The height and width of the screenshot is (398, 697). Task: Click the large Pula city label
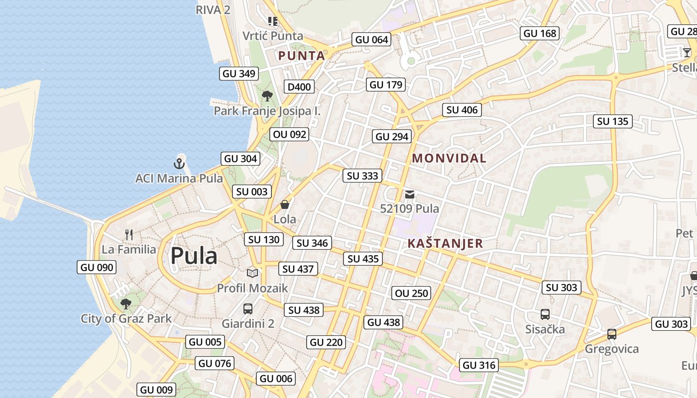click(194, 256)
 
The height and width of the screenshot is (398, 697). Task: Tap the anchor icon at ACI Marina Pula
click(179, 163)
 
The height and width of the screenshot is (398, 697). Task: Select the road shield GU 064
click(371, 39)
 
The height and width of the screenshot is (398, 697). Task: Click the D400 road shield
click(299, 87)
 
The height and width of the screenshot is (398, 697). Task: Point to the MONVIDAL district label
click(449, 158)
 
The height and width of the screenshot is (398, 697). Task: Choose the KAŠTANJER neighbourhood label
click(445, 243)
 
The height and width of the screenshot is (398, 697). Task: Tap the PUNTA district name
click(302, 56)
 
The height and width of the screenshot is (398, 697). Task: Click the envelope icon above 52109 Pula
click(409, 195)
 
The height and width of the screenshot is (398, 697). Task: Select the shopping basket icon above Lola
click(285, 204)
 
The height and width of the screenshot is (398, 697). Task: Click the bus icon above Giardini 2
click(248, 309)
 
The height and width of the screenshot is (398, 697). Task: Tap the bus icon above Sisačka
click(545, 314)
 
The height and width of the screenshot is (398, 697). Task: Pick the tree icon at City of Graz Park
click(126, 303)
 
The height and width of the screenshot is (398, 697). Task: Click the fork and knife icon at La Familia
click(129, 234)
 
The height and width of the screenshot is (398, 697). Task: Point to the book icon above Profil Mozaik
click(252, 273)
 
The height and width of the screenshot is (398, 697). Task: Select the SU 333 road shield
click(362, 176)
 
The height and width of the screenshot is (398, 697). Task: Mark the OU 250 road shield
click(411, 293)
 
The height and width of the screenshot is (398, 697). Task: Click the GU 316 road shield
click(479, 365)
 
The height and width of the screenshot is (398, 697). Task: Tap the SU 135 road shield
click(612, 121)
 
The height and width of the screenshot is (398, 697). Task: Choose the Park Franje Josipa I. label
click(267, 111)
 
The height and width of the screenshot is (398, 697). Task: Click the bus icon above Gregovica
click(612, 334)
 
